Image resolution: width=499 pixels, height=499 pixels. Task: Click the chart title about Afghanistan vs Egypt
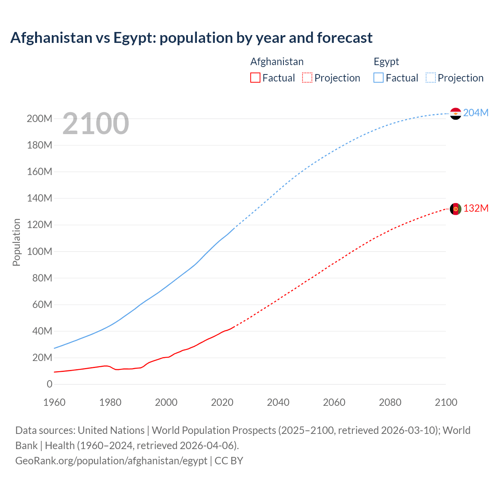pyautogui.click(x=191, y=38)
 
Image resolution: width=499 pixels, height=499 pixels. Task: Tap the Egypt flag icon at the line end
pyautogui.click(x=455, y=113)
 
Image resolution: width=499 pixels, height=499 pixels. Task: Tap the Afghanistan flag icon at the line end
pyautogui.click(x=455, y=209)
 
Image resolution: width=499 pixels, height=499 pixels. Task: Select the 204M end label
pyautogui.click(x=476, y=113)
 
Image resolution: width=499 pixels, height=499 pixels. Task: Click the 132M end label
pyautogui.click(x=476, y=208)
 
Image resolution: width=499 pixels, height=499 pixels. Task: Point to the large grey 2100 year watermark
pyautogui.click(x=96, y=123)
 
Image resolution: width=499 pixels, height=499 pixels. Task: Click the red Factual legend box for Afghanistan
pyautogui.click(x=255, y=78)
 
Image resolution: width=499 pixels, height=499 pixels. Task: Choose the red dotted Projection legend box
pyautogui.click(x=307, y=78)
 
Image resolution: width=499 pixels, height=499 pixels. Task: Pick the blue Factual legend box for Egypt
pyautogui.click(x=379, y=78)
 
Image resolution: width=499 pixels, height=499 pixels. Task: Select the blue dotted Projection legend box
pyautogui.click(x=431, y=78)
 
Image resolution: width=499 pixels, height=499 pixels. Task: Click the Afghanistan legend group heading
pyautogui.click(x=277, y=62)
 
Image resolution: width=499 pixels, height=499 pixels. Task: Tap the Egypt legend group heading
pyautogui.click(x=386, y=62)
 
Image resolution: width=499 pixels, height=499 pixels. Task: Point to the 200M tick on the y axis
pyautogui.click(x=39, y=119)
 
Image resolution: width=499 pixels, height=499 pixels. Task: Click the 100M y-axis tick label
pyautogui.click(x=39, y=251)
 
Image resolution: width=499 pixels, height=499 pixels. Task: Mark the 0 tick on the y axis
pyautogui.click(x=50, y=384)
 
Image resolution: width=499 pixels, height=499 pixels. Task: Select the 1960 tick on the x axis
pyautogui.click(x=54, y=402)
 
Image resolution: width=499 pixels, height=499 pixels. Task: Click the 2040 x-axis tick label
pyautogui.click(x=278, y=402)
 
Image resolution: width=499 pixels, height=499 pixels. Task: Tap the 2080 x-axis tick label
pyautogui.click(x=390, y=402)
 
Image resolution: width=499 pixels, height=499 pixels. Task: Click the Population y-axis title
pyautogui.click(x=16, y=242)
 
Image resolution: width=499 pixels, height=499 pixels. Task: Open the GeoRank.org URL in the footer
pyautogui.click(x=111, y=461)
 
